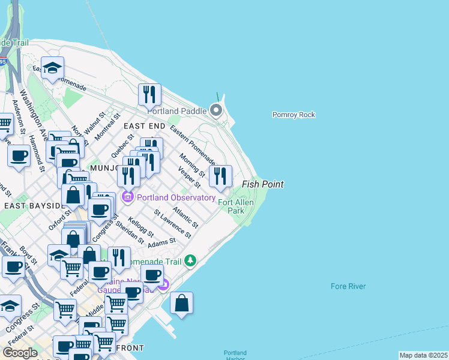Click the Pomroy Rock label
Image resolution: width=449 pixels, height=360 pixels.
coord(294,115)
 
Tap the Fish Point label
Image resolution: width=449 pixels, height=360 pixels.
coord(262,184)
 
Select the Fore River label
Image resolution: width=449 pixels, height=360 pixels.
coord(348,286)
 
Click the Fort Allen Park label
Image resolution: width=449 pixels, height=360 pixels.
coord(236,206)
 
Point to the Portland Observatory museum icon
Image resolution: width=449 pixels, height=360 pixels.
coord(128,197)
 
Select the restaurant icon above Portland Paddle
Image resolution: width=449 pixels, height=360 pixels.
coord(149,94)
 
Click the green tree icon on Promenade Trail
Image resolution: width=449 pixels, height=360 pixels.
coord(190,260)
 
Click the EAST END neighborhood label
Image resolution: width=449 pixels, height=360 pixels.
coord(144,126)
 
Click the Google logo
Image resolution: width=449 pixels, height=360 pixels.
coord(20,352)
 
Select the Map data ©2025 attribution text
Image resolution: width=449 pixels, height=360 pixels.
coord(423,355)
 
